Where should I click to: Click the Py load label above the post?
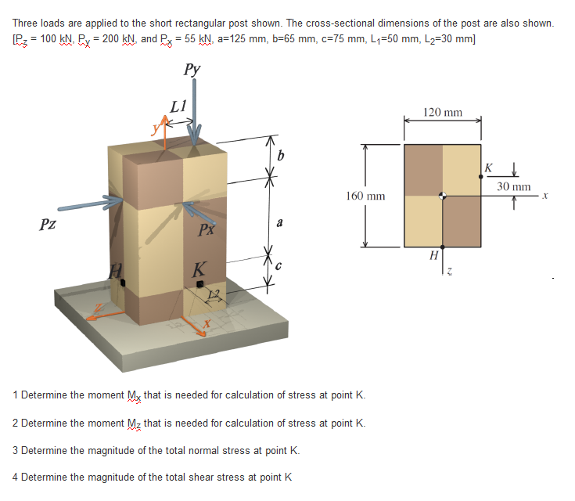[192, 69]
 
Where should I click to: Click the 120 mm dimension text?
[442, 113]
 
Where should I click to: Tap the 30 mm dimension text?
[515, 187]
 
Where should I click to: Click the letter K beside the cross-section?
[488, 167]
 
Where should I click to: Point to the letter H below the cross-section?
[433, 254]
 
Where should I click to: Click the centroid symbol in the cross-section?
[443, 196]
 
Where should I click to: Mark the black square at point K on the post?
[200, 283]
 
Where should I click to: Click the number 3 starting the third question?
[16, 450]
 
